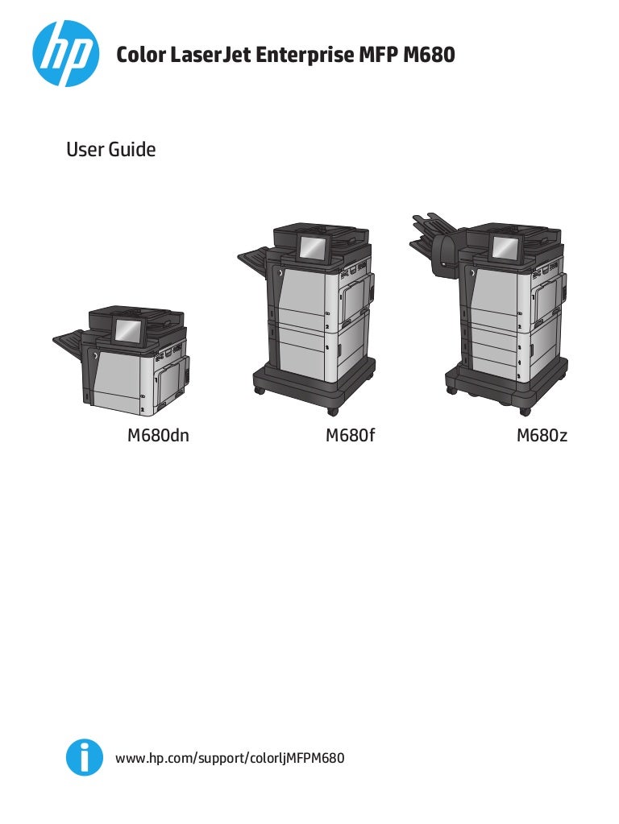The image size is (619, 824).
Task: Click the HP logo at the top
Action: (65, 53)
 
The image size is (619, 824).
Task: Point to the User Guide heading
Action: (110, 150)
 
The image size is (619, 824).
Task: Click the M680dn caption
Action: (158, 437)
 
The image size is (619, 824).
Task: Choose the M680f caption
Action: (351, 437)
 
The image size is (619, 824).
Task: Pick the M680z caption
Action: (542, 437)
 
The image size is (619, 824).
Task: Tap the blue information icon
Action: (84, 758)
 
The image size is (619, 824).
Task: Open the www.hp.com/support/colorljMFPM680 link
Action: (231, 758)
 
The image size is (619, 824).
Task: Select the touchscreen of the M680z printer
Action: (505, 249)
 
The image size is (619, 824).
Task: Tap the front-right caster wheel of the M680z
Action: (525, 412)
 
